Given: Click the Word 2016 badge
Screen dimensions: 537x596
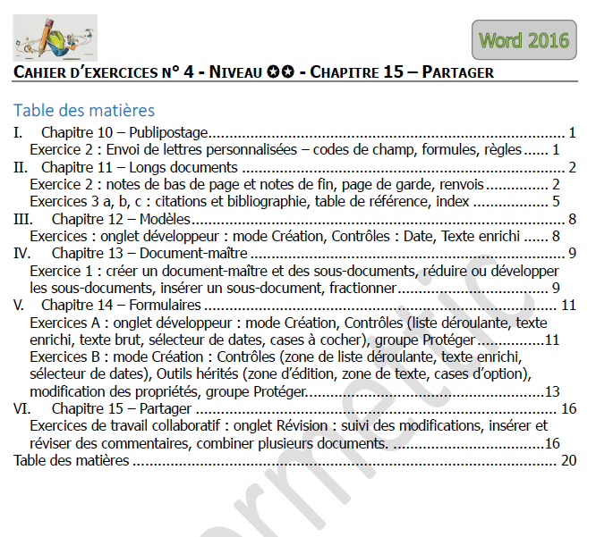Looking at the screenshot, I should pyautogui.click(x=524, y=39).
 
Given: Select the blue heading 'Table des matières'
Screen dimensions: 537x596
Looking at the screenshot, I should pyautogui.click(x=84, y=111).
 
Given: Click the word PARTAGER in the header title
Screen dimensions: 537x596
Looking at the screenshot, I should pyautogui.click(x=457, y=72).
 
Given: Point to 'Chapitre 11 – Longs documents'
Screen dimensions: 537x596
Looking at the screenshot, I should pyautogui.click(x=139, y=168).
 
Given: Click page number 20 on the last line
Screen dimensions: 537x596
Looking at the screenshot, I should pyautogui.click(x=569, y=461).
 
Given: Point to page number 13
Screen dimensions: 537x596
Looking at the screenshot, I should pyautogui.click(x=552, y=391).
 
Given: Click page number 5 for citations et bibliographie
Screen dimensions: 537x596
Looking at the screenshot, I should pyautogui.click(x=556, y=202).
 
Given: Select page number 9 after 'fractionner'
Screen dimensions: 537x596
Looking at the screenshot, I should pyautogui.click(x=556, y=288).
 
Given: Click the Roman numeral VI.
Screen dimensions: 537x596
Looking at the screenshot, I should pyautogui.click(x=20, y=408).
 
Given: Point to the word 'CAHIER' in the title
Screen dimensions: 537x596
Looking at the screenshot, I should pyautogui.click(x=39, y=72).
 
